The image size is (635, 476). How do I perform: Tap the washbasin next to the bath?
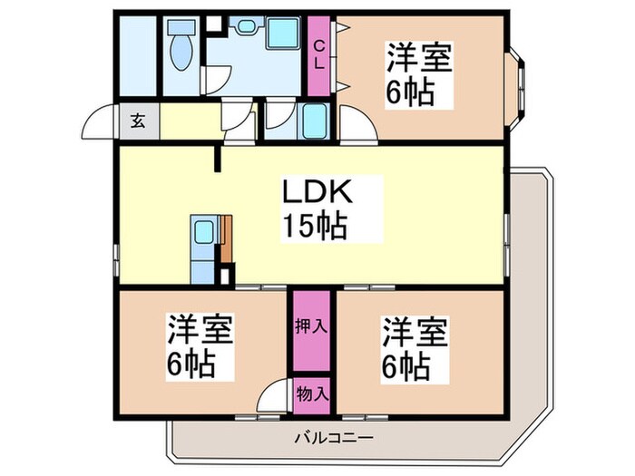click(241, 28)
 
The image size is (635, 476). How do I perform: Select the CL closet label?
click(319, 54)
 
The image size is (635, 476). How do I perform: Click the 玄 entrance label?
click(137, 120)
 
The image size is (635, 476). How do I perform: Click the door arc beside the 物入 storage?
click(272, 397)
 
